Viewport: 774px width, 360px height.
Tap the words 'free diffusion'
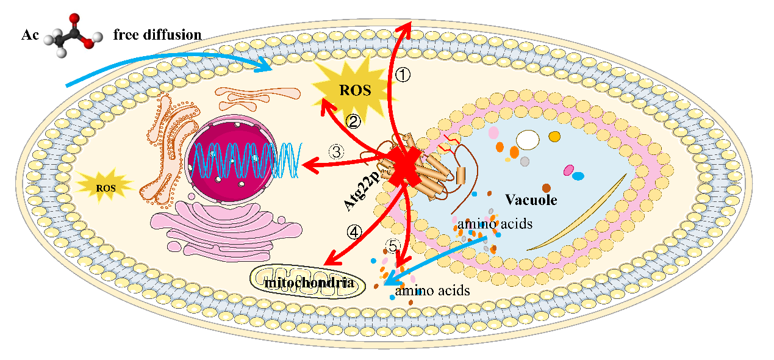[157, 35]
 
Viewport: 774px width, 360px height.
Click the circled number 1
[403, 74]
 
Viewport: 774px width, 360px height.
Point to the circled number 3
[337, 151]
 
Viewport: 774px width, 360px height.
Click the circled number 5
[393, 246]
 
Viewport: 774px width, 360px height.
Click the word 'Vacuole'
[531, 200]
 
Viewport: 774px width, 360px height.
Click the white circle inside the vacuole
[528, 140]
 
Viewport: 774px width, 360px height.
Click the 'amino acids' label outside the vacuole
[432, 291]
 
